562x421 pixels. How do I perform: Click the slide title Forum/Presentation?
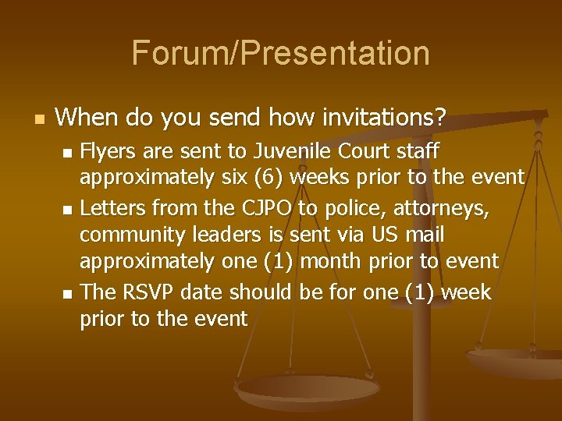tap(280, 53)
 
